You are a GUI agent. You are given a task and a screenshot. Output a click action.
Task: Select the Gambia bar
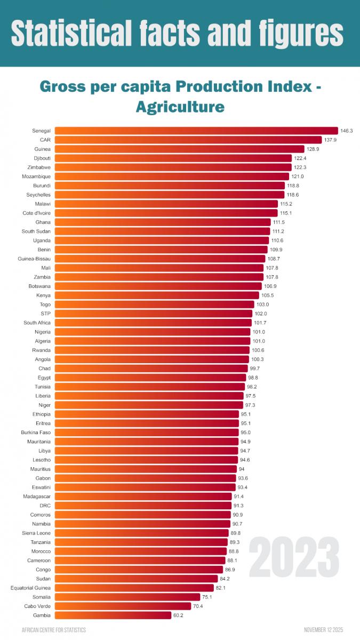click(113, 615)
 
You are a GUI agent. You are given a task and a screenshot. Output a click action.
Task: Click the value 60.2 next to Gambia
click(178, 615)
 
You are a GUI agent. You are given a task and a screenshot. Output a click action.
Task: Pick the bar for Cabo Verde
click(123, 606)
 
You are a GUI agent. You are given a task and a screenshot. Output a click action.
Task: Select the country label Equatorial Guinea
click(31, 588)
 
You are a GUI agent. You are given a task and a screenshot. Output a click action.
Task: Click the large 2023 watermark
click(294, 557)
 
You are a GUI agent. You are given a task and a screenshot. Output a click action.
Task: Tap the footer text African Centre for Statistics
click(53, 630)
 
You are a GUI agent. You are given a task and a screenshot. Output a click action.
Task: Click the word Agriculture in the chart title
click(180, 106)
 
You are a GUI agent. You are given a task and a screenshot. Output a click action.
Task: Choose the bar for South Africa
click(153, 323)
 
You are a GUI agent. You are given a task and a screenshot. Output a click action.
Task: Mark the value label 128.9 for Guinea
click(313, 149)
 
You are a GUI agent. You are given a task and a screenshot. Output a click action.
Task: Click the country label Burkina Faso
click(36, 432)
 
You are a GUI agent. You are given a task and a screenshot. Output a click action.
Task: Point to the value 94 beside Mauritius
click(242, 469)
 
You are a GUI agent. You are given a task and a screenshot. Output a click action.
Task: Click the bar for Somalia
click(127, 597)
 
